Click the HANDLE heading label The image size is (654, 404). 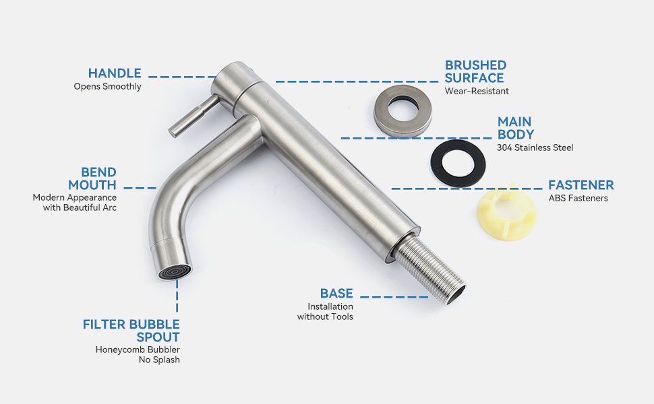[115, 73]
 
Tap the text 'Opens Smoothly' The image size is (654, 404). [108, 87]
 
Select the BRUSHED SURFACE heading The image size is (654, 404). [475, 71]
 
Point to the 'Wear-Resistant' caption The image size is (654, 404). [477, 91]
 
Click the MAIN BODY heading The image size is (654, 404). [516, 128]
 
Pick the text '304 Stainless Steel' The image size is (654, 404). [535, 147]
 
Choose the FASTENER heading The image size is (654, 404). [581, 185]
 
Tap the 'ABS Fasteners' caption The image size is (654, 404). [578, 198]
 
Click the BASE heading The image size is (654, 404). [336, 294]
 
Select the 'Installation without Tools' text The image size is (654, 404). [326, 312]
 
